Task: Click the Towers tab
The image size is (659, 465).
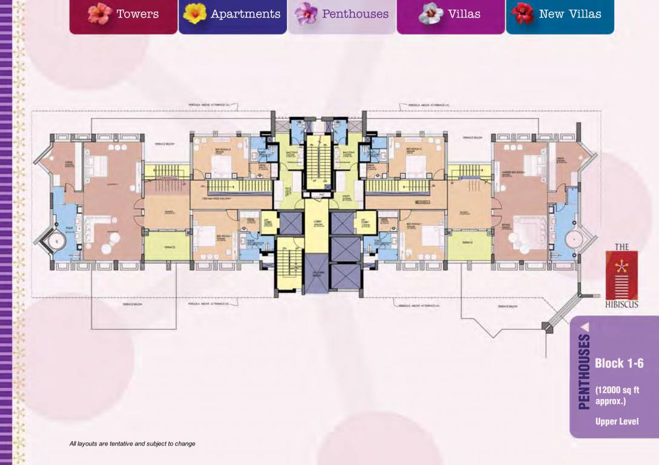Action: [124, 14]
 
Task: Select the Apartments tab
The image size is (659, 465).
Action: [233, 14]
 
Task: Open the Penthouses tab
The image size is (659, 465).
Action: [342, 14]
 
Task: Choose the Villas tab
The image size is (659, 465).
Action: [451, 14]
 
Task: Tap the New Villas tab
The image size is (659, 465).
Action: [560, 14]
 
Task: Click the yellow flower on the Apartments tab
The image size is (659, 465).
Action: [195, 13]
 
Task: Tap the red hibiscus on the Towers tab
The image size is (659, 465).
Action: [99, 13]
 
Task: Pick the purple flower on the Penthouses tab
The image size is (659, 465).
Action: [306, 13]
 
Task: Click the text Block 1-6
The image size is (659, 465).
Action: [618, 363]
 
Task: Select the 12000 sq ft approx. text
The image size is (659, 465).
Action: [617, 395]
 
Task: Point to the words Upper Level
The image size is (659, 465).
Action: [617, 421]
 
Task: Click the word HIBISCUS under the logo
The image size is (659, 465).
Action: [621, 305]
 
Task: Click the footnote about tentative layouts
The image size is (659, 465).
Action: [132, 444]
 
